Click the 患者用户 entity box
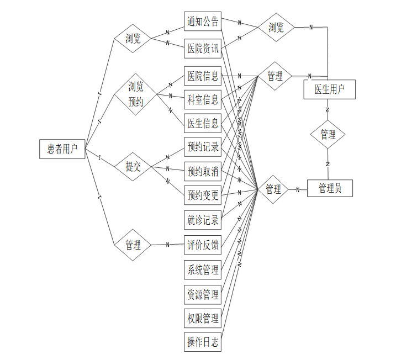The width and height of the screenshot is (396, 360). coord(62,149)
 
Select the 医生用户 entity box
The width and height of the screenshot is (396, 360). coord(329,89)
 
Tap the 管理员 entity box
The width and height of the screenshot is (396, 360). coord(330,189)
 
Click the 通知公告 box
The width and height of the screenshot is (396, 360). coord(203,22)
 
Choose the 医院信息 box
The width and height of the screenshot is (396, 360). coord(203,76)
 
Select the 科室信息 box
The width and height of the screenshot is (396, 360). coord(203,100)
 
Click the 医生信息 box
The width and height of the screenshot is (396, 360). coord(203,123)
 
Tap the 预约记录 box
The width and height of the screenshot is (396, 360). coord(203,147)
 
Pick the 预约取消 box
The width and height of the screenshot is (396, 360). coord(203,172)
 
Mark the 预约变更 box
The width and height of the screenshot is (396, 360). coord(203,195)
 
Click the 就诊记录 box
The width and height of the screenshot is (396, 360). coord(203,220)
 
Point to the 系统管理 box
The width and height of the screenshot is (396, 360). coord(203,270)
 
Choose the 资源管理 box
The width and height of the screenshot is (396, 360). coord(203,294)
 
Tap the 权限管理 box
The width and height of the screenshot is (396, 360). coord(203,319)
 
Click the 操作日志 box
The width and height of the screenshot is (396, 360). coord(203,343)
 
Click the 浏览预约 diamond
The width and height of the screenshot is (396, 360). coord(135,94)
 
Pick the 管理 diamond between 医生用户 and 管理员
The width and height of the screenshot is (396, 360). coord(328,135)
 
